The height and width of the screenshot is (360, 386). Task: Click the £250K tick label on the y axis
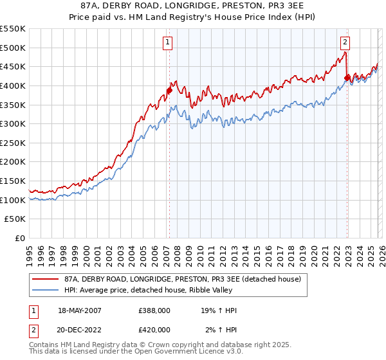coord(13,162)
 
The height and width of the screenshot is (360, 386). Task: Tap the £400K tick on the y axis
coord(13,85)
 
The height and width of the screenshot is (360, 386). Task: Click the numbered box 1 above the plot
coord(167,43)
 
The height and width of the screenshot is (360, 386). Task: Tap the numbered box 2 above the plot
coord(345,43)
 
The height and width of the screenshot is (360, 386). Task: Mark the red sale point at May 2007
coord(169,91)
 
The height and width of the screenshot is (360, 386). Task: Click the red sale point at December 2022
coord(347,78)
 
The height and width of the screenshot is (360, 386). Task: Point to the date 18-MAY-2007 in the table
coord(80,310)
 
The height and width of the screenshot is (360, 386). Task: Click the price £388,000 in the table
coord(154,310)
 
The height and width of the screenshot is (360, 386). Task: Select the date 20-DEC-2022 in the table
coord(80,330)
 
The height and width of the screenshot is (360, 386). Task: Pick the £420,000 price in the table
coord(154,330)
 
